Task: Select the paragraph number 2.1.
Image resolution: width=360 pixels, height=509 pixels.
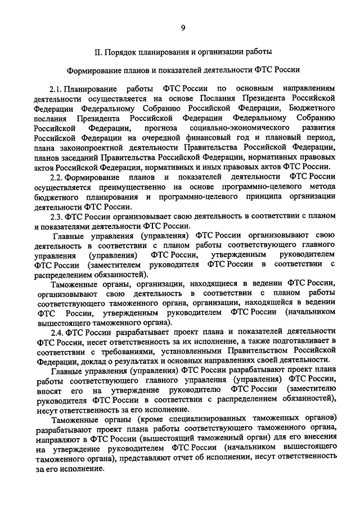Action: [55, 89]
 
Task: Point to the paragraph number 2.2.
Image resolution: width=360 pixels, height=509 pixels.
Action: [55, 177]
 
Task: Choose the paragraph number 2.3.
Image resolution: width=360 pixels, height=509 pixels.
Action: [55, 217]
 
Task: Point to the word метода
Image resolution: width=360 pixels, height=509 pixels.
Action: [323, 187]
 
